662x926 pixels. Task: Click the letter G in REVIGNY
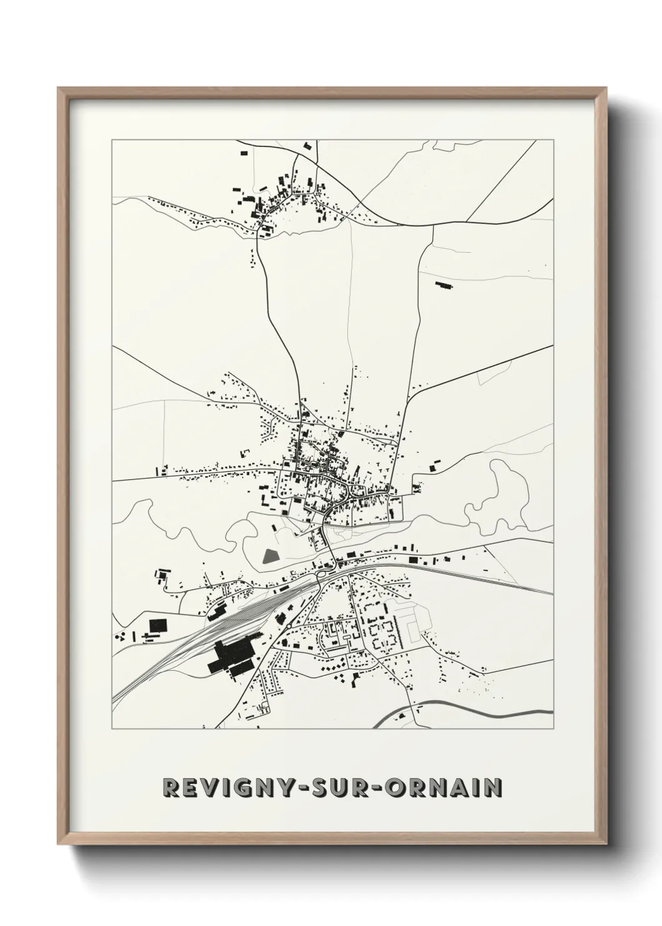click(228, 787)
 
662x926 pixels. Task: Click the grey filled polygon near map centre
click(270, 556)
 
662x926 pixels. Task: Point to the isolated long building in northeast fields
click(444, 285)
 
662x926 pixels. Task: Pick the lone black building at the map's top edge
click(307, 146)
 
